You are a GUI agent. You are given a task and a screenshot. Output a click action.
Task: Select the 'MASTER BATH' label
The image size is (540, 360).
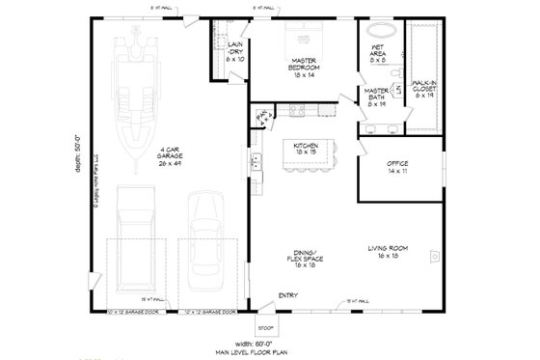coord(376,96)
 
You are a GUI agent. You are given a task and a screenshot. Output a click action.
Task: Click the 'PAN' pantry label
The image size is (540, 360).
coord(261,118)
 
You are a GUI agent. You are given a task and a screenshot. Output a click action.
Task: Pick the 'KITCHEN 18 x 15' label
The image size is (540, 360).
coord(308,148)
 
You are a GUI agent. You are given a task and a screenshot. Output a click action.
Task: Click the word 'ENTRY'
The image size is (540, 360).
coord(287,294)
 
